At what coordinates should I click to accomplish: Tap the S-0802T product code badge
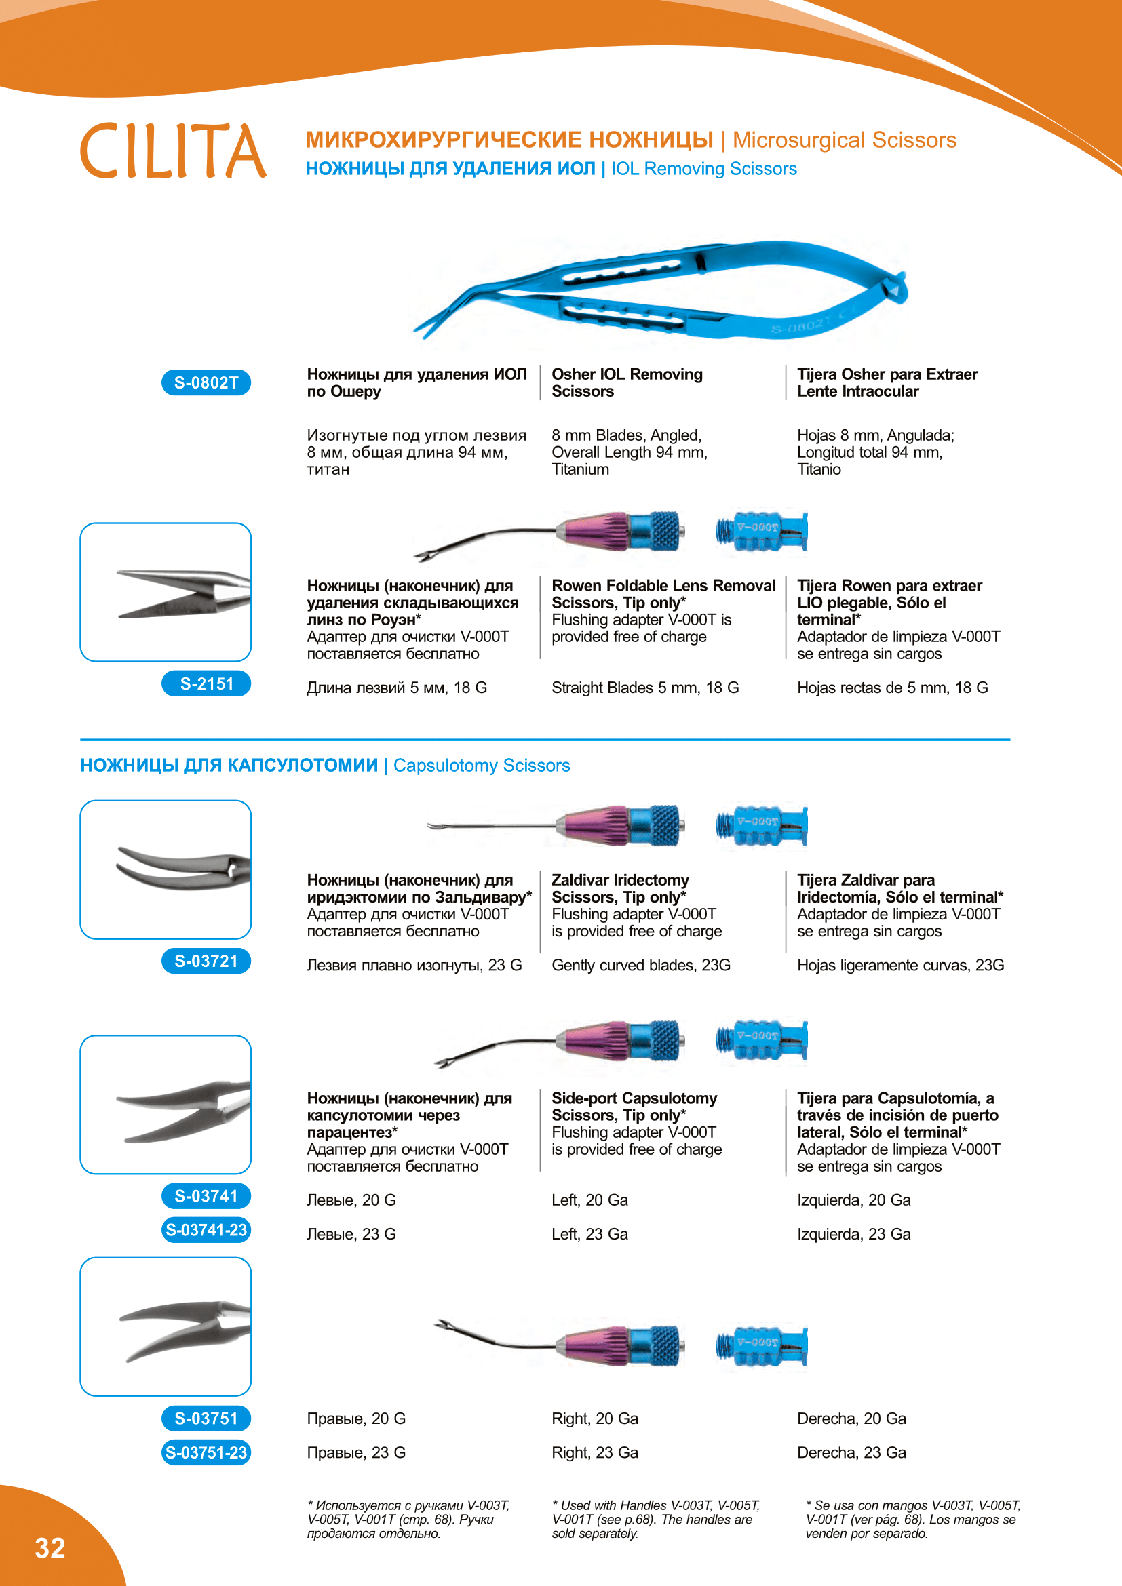click(206, 382)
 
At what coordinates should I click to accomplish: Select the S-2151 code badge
click(206, 684)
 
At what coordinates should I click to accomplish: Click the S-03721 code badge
click(206, 961)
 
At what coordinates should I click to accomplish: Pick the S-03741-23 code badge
click(206, 1229)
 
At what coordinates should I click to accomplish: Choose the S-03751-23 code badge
click(206, 1452)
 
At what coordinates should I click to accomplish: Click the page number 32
click(50, 1548)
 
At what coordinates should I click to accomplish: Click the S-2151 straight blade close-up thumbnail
click(166, 592)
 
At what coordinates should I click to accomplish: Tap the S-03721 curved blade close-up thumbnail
click(166, 869)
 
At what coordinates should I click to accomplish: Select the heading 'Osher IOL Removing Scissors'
click(627, 382)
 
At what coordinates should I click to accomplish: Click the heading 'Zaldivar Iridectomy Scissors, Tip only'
click(620, 888)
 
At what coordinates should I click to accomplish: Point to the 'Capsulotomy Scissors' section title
click(481, 766)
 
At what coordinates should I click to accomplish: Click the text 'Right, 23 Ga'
click(594, 1452)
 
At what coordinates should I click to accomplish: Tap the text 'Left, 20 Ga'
click(589, 1200)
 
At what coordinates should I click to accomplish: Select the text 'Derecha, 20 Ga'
click(851, 1418)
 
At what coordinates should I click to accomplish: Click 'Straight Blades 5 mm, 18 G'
click(644, 688)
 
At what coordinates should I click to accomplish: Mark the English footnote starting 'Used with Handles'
click(655, 1519)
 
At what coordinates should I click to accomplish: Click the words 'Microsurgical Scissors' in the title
click(844, 140)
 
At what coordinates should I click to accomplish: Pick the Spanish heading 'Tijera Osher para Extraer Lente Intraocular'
click(887, 382)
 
